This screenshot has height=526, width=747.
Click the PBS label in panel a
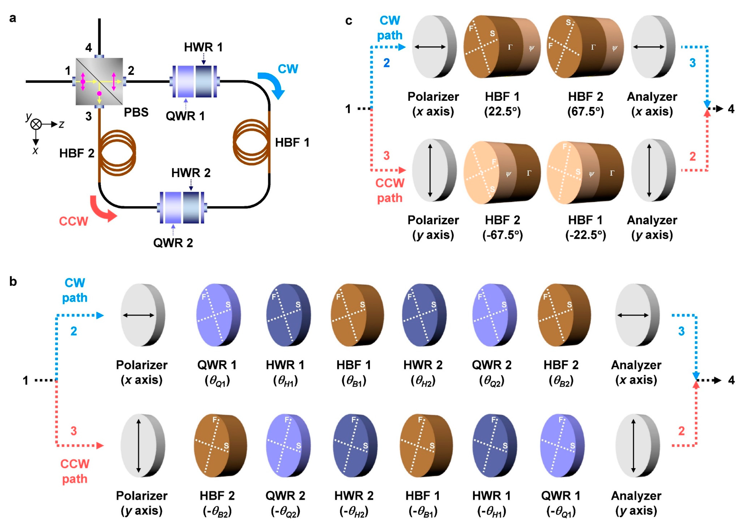pos(136,113)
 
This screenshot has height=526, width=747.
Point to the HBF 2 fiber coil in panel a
pos(117,153)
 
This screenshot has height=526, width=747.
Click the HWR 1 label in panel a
pos(203,48)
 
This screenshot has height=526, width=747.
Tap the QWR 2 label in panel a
pos(173,243)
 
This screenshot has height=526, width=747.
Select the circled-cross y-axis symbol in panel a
pos(36,124)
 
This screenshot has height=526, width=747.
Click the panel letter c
pos(348,21)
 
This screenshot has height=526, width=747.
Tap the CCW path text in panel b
pos(75,471)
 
